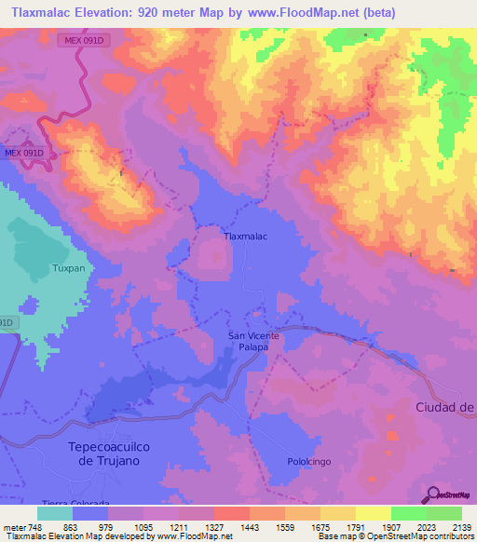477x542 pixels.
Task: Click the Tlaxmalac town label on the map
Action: (246, 237)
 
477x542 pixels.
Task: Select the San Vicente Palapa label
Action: (249, 341)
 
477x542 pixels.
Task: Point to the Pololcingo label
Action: (304, 462)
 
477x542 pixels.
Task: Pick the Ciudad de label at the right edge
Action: (444, 407)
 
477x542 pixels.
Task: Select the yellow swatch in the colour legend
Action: (373, 513)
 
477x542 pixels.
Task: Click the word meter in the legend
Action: (13, 526)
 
